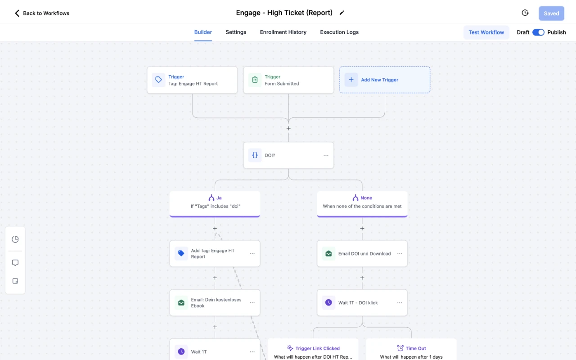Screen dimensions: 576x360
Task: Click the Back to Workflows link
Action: coord(42,13)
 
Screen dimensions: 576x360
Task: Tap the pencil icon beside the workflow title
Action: coord(342,13)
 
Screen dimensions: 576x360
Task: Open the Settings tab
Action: coord(236,32)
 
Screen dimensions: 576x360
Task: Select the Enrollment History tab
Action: coord(283,32)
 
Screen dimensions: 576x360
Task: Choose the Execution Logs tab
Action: coord(339,32)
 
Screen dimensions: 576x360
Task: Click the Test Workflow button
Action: coord(486,32)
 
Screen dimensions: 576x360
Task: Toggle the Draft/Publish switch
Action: coord(538,32)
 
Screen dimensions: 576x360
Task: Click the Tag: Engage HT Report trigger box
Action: coord(192,80)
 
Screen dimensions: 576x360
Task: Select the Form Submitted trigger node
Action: coord(288,80)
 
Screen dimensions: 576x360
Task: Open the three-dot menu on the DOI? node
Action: coord(326,155)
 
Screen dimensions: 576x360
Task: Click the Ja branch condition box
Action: coord(215,204)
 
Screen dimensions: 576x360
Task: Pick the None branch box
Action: coord(362,204)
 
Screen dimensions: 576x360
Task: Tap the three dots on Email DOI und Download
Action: coord(399,253)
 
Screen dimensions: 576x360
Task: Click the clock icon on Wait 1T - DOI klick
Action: coord(328,303)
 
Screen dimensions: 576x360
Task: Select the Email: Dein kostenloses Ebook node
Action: coord(215,303)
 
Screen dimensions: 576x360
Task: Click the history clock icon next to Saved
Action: coord(525,13)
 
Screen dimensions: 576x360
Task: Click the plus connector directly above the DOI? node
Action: coord(288,128)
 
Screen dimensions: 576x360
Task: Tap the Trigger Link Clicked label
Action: coord(317,348)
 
